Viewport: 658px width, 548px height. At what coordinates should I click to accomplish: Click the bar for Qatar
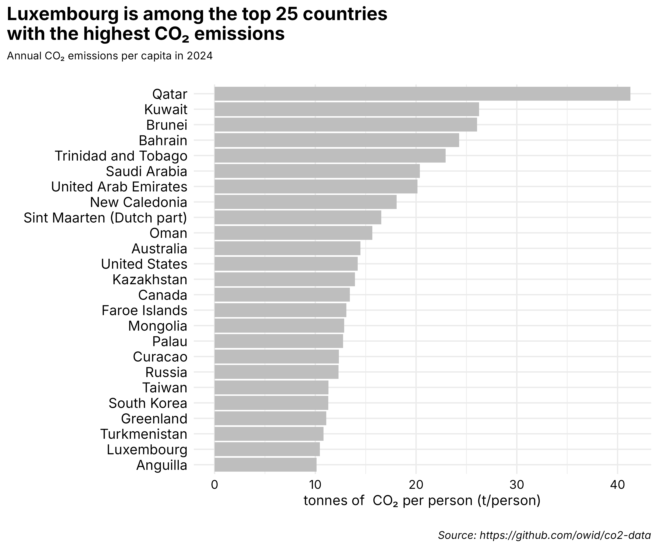pos(422,94)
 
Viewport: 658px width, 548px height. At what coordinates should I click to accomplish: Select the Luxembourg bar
pos(267,449)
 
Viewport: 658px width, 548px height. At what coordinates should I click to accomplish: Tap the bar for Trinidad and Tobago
pos(330,156)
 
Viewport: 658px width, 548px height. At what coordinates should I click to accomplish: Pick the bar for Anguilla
pos(265,465)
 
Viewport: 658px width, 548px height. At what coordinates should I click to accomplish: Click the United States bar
pos(286,264)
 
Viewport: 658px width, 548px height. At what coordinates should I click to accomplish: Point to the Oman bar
pos(293,233)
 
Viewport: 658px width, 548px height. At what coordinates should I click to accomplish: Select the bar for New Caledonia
pos(305,202)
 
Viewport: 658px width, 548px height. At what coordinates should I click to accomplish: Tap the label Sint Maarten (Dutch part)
pos(105,218)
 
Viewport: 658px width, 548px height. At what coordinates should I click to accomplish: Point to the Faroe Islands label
pos(144,310)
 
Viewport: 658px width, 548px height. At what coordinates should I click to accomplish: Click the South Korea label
pos(148,403)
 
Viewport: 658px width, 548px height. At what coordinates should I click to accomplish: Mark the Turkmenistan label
pos(144,434)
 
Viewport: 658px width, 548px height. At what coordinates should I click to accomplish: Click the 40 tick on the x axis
pos(617,485)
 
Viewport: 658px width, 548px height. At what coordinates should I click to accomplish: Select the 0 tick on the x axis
pos(215,485)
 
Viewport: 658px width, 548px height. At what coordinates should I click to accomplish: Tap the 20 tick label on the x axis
pos(416,485)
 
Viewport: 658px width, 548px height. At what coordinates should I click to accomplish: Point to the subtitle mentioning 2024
pos(110,56)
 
